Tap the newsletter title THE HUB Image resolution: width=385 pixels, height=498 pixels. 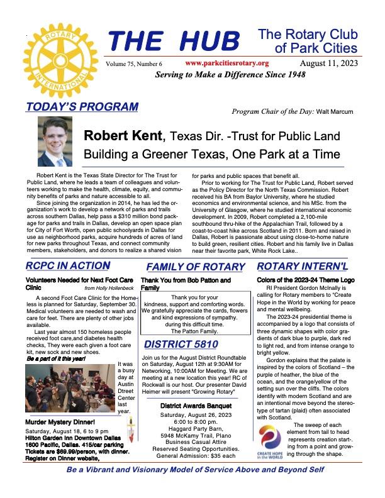click(174, 43)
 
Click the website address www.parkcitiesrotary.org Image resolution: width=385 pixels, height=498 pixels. click(228, 64)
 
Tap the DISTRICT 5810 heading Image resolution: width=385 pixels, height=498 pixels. click(181, 343)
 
